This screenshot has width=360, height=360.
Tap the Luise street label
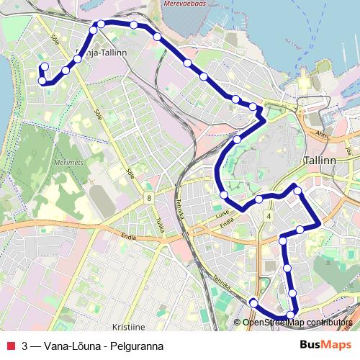(220, 215)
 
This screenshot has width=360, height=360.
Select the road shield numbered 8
(148, 198)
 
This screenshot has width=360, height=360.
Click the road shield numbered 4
(269, 215)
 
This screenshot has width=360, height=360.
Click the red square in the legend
(10, 345)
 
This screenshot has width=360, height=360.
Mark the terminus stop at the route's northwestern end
(44, 67)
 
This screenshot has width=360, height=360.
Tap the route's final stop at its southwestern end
(253, 302)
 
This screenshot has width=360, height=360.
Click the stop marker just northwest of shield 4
(258, 199)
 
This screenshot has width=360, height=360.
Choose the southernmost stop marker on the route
(290, 314)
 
